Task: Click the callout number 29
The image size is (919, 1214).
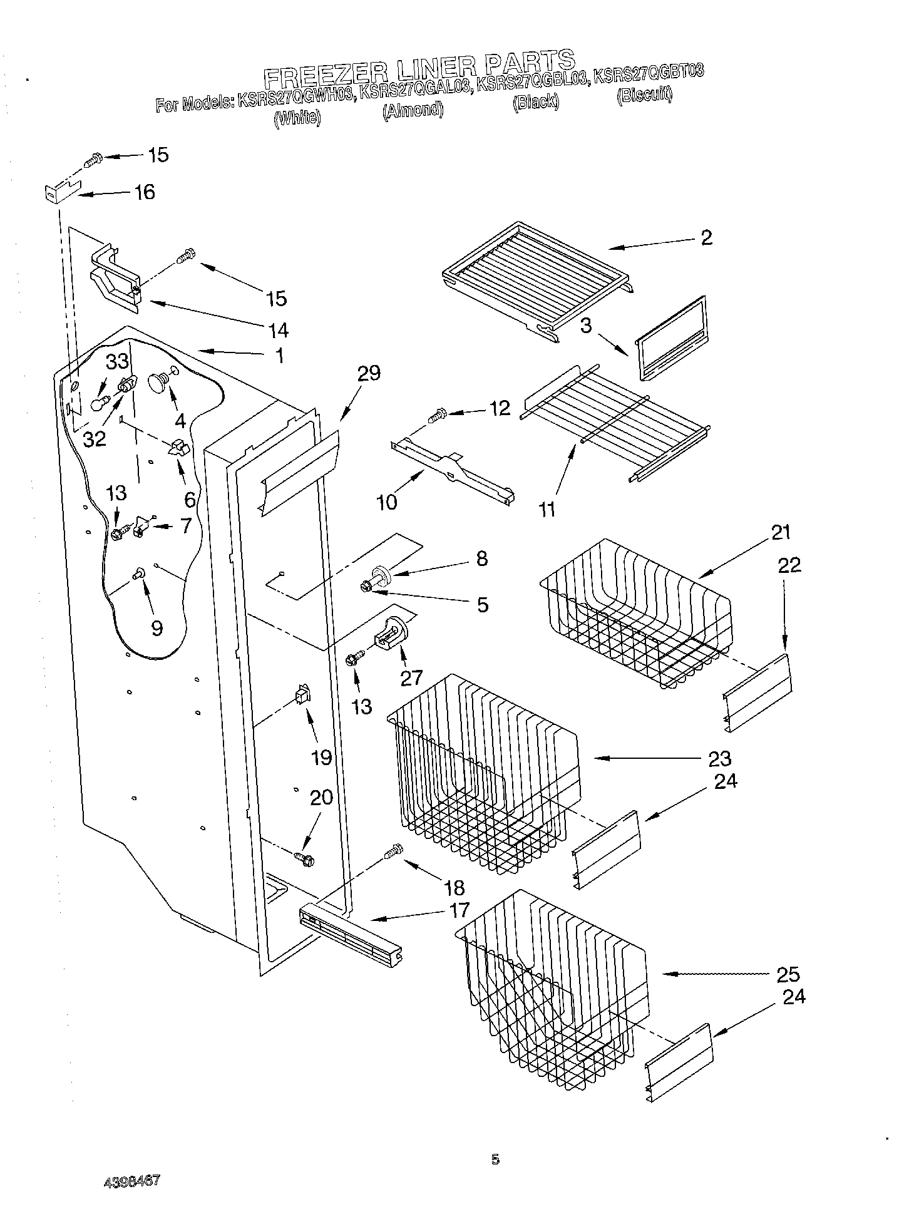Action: (369, 374)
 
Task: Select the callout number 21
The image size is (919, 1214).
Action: (780, 533)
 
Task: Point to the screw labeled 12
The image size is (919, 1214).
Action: (437, 414)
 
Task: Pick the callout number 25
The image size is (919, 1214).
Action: (787, 974)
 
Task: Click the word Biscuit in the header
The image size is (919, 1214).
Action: (644, 95)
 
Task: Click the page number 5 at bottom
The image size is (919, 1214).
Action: (495, 1159)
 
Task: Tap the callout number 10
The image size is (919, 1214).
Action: (387, 502)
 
